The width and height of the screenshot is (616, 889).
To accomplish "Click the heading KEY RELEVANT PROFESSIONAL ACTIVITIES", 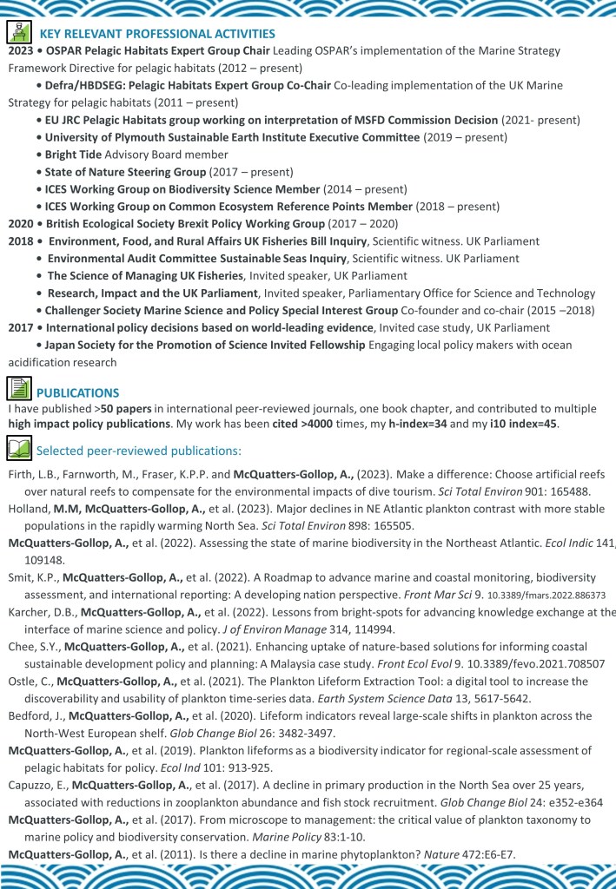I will tap(156, 34).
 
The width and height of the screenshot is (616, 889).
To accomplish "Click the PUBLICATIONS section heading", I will tap(78, 392).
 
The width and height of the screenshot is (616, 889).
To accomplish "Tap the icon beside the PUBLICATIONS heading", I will tap(19, 388).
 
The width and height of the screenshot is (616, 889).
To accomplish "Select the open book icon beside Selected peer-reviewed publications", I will tap(18, 449).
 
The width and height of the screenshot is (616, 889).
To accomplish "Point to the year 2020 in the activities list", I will tap(20, 223).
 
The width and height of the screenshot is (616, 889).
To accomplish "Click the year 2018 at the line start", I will tap(20, 240).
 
